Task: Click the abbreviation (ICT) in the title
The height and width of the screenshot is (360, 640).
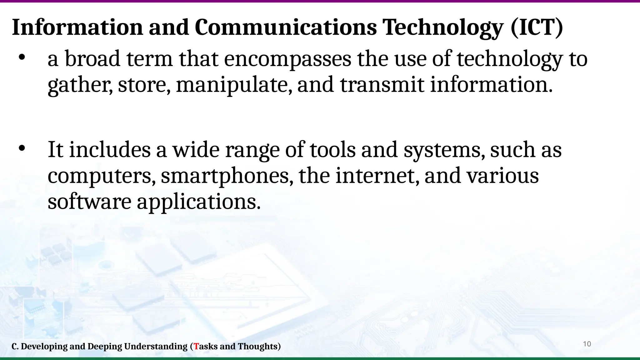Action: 537,27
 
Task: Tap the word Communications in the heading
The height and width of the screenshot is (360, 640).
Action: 286,27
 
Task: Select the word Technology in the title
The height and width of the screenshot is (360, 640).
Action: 443,27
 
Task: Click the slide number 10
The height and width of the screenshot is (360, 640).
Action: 587,344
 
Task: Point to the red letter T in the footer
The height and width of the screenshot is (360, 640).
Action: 196,347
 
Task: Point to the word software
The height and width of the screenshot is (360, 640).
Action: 89,202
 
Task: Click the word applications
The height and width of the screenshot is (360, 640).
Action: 198,202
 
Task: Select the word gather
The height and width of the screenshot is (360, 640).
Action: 80,85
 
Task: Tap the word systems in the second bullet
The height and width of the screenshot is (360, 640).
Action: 444,150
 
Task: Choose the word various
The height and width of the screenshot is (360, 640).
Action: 502,176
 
